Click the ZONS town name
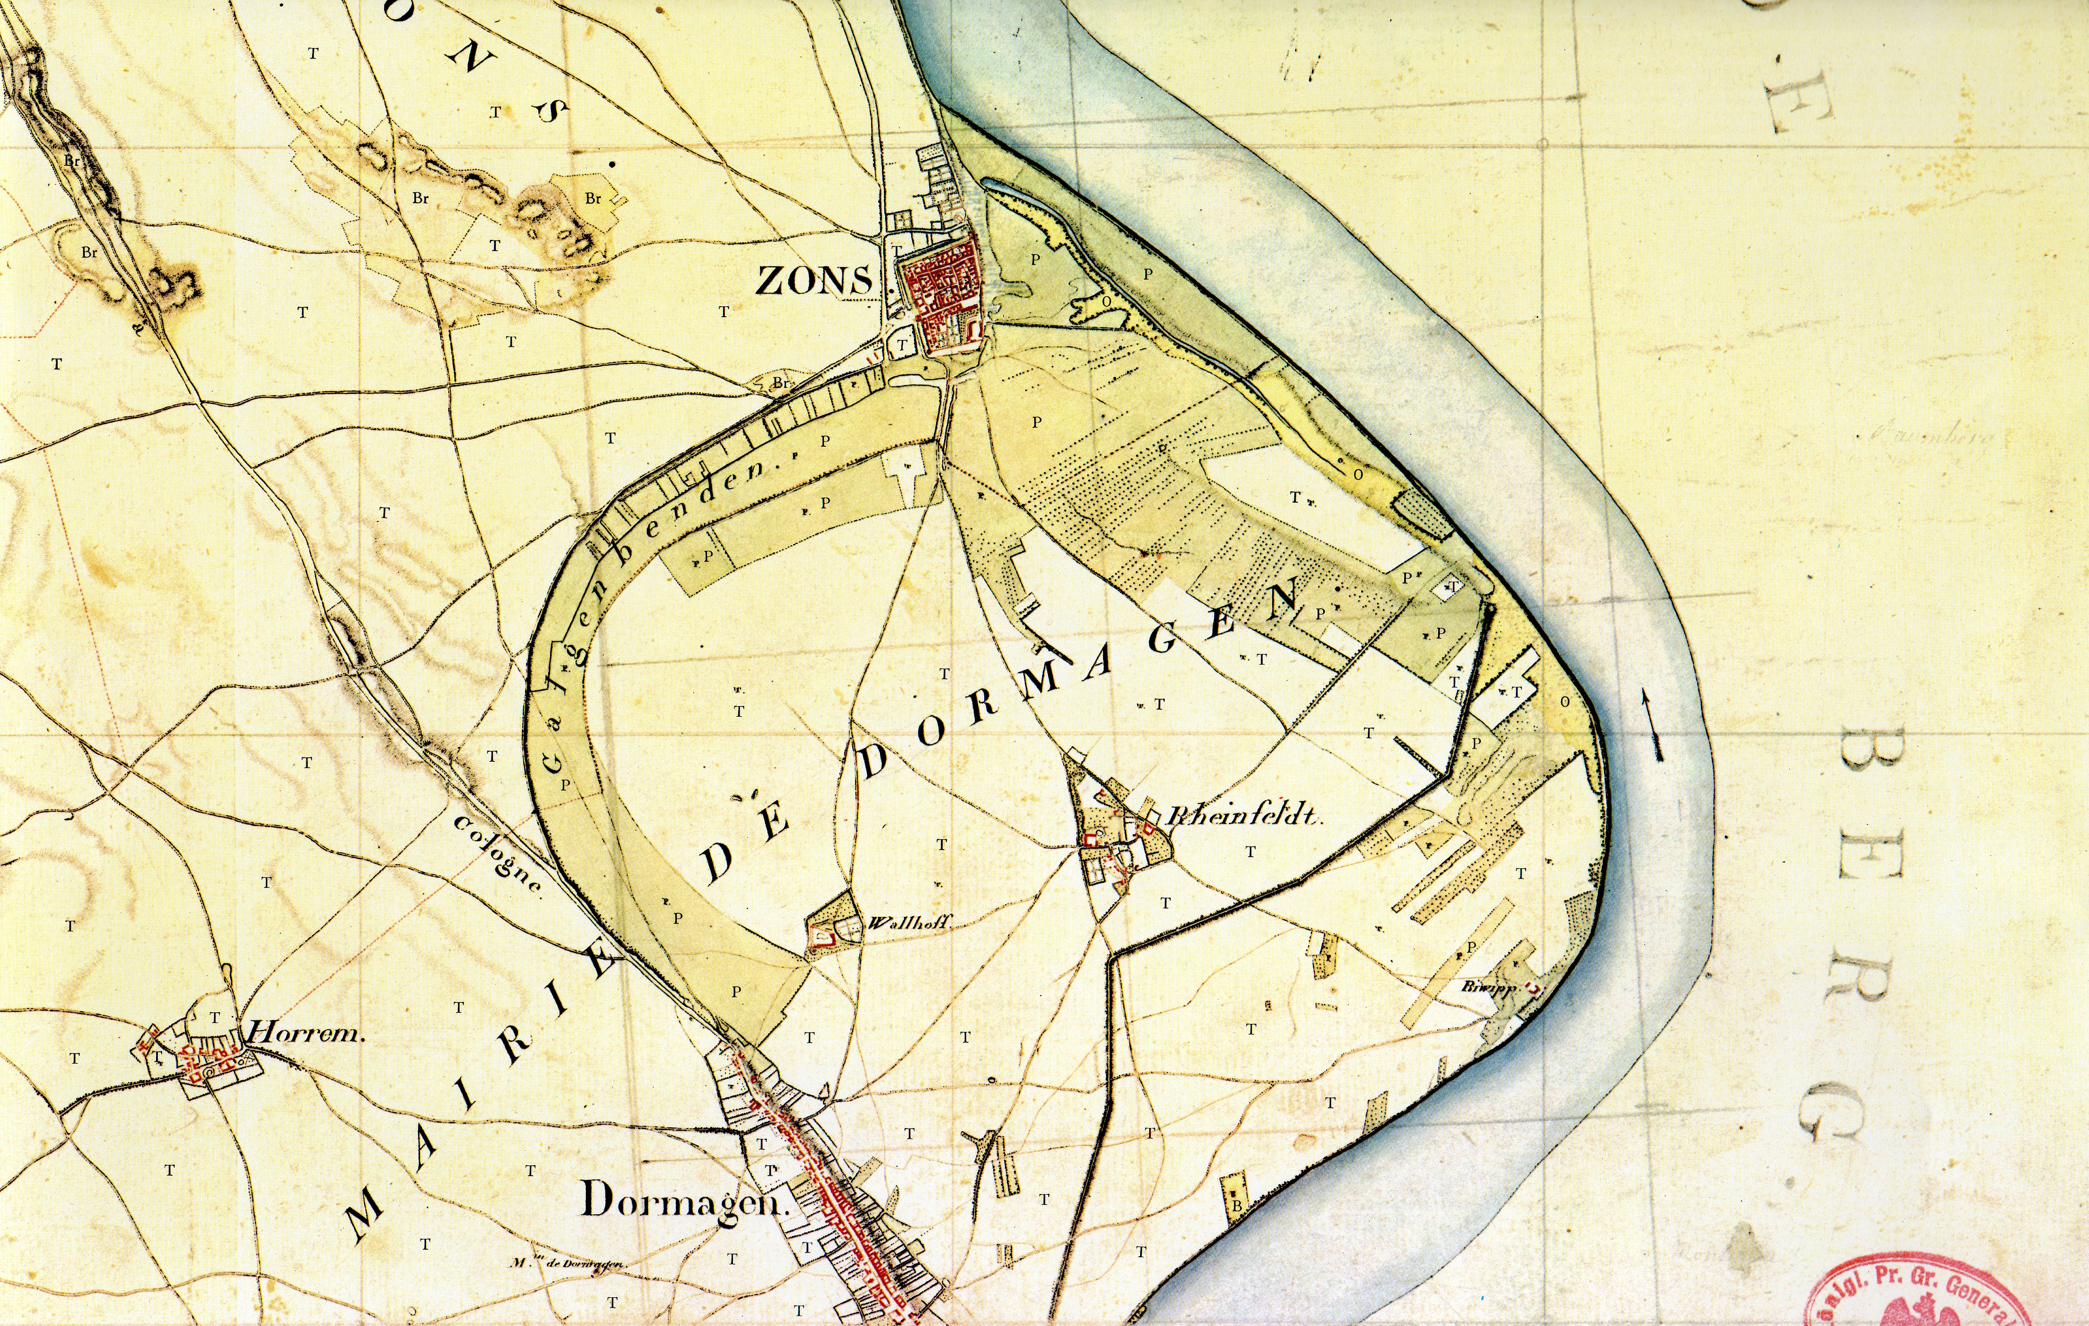[814, 280]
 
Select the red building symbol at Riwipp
[1534, 987]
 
